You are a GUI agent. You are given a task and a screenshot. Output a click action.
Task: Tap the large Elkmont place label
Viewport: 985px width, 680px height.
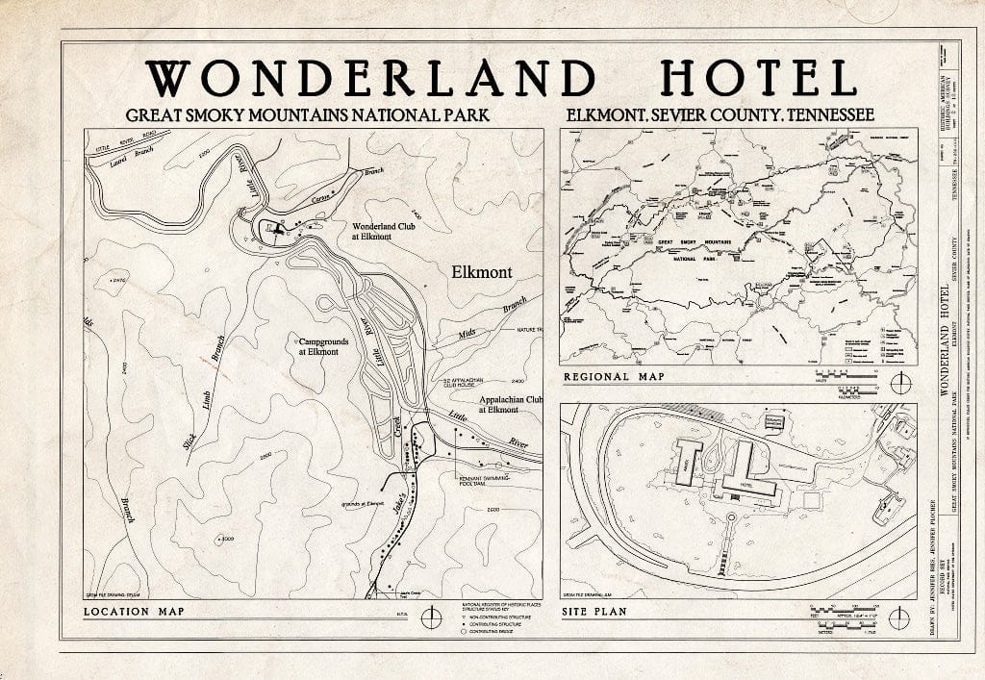point(481,272)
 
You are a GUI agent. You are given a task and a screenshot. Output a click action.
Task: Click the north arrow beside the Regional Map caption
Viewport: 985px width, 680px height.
point(898,383)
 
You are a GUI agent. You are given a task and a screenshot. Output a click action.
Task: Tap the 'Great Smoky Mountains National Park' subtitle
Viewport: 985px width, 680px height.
point(307,115)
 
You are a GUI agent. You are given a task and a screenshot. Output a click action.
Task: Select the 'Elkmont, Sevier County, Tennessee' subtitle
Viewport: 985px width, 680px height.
point(720,115)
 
